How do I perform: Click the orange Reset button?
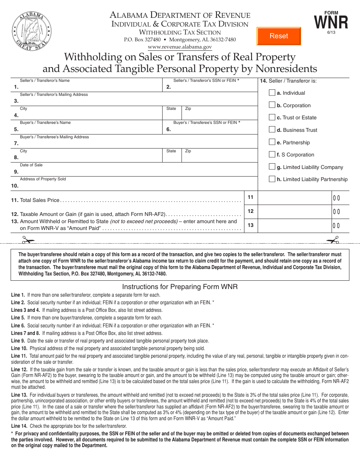279,36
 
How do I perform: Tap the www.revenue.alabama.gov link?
180,47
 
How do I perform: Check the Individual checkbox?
272,93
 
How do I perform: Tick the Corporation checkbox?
272,105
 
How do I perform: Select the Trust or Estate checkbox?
272,117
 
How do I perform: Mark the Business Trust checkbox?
272,130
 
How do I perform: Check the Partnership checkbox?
272,142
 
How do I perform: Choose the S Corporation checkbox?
272,155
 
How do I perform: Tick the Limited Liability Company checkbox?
272,167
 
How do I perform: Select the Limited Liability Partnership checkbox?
272,179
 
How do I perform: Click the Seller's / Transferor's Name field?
91,87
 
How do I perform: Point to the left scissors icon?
28,240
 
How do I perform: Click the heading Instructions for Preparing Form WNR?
180,287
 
